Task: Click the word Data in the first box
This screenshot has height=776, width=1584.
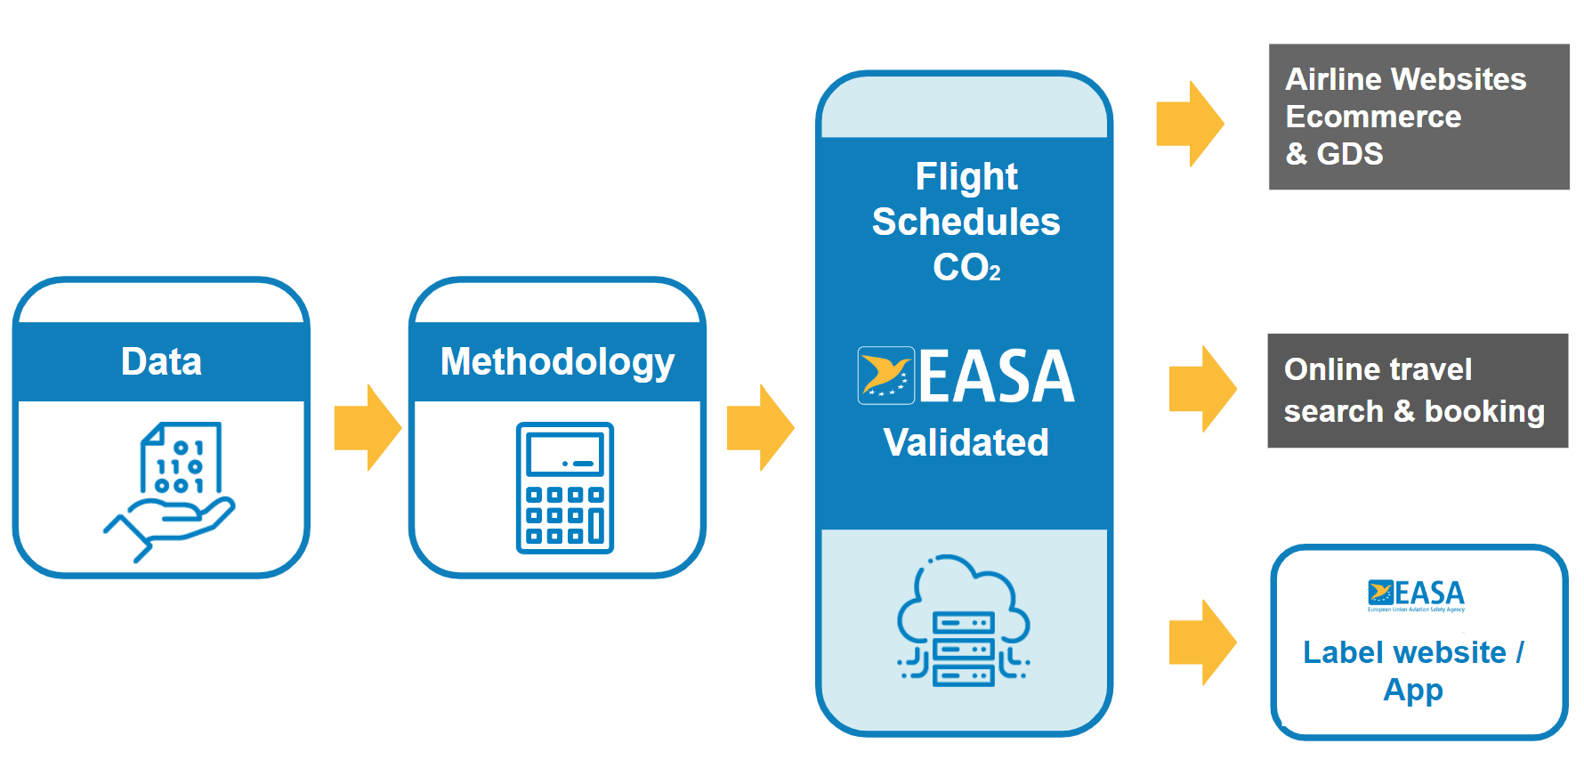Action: click(161, 362)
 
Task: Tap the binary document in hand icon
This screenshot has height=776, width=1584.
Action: click(174, 489)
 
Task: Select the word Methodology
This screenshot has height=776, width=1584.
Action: click(557, 362)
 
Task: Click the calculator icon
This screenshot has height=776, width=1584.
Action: click(565, 488)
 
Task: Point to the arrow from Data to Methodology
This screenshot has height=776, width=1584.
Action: click(367, 427)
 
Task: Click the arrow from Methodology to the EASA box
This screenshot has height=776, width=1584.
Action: click(760, 427)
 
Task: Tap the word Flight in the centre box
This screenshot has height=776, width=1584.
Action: click(966, 176)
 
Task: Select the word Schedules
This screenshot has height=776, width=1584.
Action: click(966, 222)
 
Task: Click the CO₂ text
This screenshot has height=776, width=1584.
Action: click(966, 267)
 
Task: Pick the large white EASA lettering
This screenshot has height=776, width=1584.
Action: click(997, 377)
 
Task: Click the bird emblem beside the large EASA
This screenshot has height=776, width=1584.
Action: click(885, 376)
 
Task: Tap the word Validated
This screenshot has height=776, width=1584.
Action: click(966, 442)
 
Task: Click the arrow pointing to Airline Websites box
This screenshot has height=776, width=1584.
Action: click(1190, 124)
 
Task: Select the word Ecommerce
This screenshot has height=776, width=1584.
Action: click(1373, 117)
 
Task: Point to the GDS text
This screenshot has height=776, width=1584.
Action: click(1350, 154)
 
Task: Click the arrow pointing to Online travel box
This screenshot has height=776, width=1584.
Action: click(1202, 389)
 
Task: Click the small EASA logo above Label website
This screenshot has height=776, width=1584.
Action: click(1416, 595)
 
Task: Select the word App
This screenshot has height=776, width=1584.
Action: click(1413, 690)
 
